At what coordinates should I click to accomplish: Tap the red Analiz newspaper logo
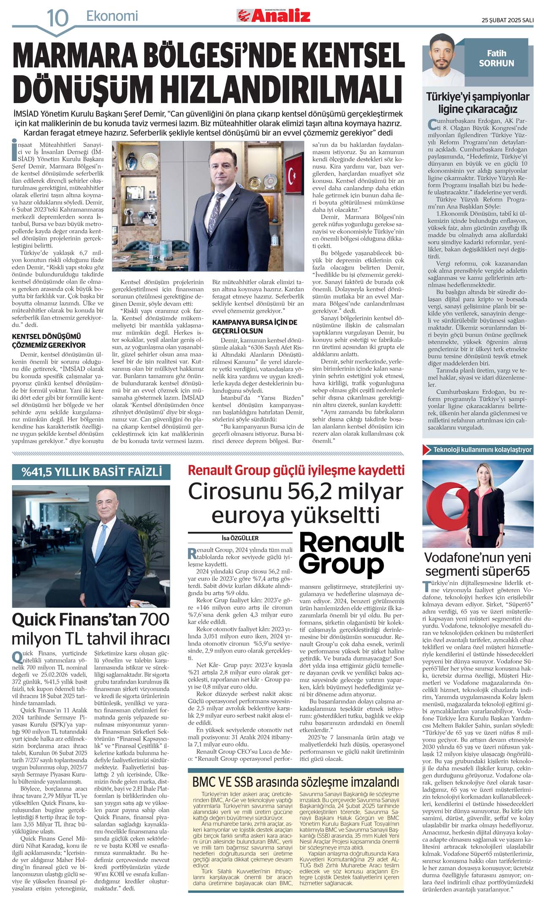point(274,16)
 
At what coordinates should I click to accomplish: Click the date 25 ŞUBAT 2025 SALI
point(508,20)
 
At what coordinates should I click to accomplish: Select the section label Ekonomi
point(112,16)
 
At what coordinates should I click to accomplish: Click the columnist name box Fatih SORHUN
point(496,58)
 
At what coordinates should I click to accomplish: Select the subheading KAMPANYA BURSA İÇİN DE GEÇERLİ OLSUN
point(255,326)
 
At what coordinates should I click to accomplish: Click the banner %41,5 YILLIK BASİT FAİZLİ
point(92,471)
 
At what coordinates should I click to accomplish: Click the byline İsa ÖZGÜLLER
point(240,538)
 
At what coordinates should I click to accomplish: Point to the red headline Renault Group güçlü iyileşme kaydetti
point(296,470)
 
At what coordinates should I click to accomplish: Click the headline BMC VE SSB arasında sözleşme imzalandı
point(296,782)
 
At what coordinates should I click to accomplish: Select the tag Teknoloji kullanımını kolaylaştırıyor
point(482,449)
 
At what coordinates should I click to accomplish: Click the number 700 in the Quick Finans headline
point(154,619)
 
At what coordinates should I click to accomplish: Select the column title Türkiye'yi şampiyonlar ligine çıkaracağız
point(478,103)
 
